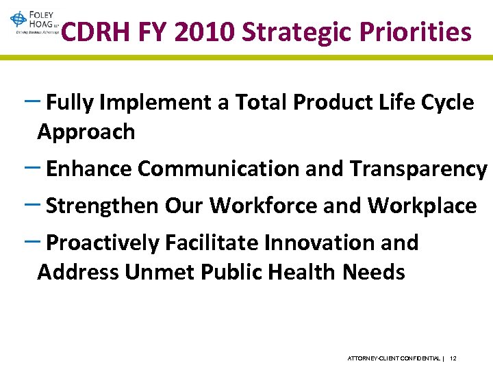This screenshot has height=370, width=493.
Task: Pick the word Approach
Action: tap(86, 132)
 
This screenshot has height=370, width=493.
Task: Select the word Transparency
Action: tap(419, 169)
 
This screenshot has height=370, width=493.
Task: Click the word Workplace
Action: tap(422, 206)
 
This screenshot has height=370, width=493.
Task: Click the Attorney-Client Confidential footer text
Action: tap(394, 358)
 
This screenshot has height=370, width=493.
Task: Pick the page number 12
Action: tap(454, 358)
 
